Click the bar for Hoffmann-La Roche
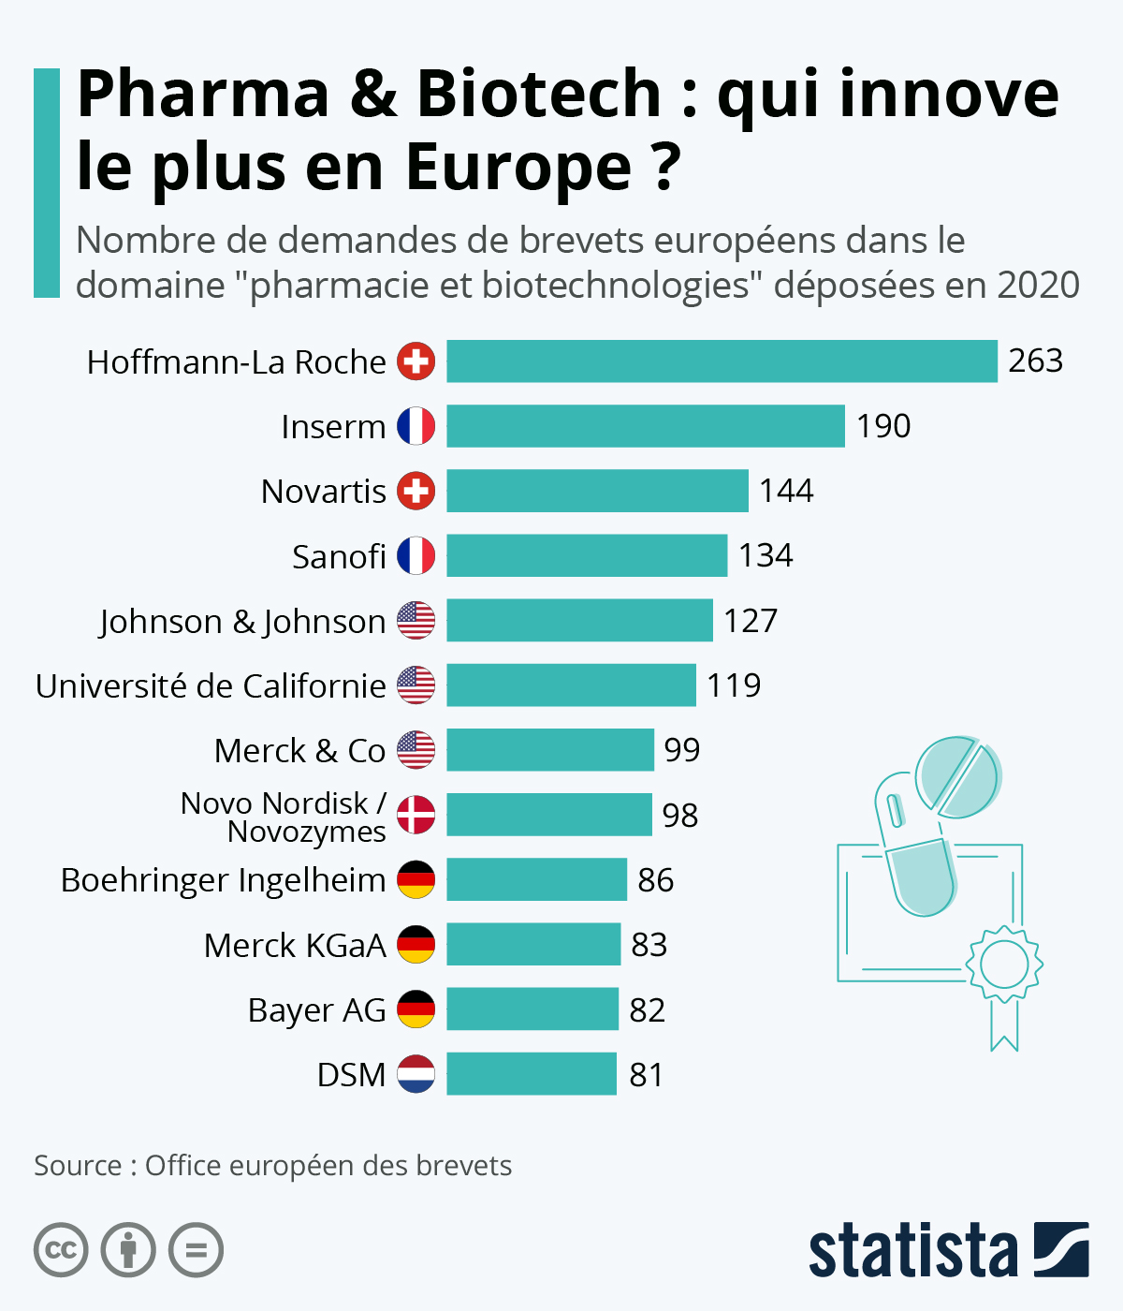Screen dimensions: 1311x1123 click(722, 361)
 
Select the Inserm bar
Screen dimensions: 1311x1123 click(646, 426)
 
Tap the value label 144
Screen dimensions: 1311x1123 click(786, 491)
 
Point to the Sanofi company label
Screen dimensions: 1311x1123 click(339, 556)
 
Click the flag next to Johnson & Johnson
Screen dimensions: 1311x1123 click(416, 621)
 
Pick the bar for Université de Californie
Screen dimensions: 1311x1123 click(571, 685)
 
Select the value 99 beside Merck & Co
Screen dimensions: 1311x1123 click(682, 750)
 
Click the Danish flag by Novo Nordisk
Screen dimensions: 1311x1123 click(416, 815)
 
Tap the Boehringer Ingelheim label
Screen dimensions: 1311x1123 click(223, 880)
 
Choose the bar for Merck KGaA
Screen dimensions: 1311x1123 click(533, 945)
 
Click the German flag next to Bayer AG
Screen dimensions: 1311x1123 click(416, 1009)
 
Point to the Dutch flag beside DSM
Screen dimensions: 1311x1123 click(416, 1074)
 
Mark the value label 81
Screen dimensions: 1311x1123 click(647, 1075)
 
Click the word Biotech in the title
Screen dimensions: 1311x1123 click(538, 94)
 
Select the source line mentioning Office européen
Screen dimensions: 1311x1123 click(273, 1166)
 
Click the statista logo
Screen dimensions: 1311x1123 click(948, 1250)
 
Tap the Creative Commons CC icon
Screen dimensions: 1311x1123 click(61, 1250)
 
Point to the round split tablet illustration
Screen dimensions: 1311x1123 click(958, 776)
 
